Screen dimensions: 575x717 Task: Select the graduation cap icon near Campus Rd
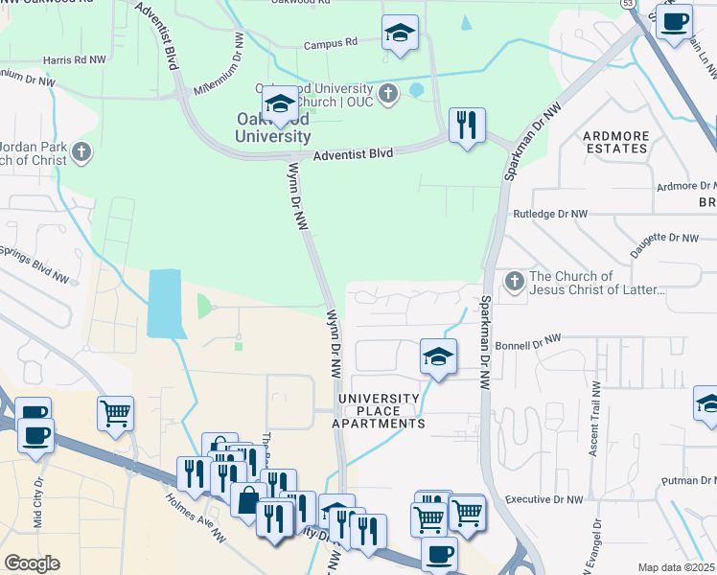click(400, 34)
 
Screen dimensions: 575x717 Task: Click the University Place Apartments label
click(378, 410)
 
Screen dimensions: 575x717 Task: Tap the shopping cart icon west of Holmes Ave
click(115, 413)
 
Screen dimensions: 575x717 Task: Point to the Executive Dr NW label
click(544, 500)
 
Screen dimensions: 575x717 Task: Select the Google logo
click(32, 563)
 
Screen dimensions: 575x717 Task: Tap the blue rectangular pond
click(164, 303)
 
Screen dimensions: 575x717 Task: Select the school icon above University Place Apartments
click(438, 357)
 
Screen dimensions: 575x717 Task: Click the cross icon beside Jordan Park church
click(82, 151)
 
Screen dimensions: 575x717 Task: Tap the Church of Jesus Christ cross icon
click(515, 281)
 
